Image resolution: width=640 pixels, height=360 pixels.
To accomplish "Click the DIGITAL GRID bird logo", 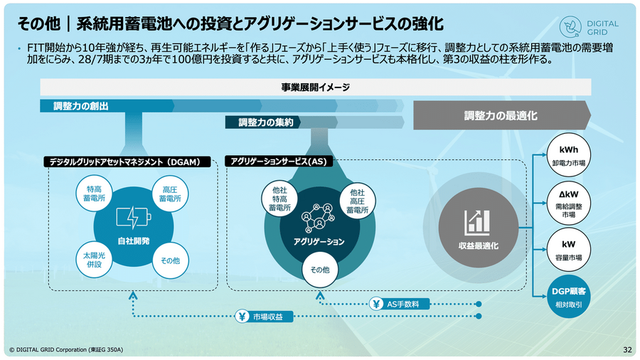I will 571,27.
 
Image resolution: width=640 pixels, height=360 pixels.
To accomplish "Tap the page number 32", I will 627,349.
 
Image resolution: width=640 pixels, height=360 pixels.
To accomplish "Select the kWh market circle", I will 567,156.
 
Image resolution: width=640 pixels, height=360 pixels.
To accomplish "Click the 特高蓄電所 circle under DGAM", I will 95,194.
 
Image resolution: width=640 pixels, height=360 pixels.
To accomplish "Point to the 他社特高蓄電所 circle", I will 279,200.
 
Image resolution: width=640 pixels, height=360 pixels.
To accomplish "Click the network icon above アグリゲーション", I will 318,216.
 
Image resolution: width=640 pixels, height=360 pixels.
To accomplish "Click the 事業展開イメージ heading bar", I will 315,88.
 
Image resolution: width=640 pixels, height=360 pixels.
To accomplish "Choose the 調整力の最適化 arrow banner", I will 501,115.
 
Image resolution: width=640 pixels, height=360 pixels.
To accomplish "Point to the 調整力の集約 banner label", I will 266,122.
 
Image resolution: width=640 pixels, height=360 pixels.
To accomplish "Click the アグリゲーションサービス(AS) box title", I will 279,162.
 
